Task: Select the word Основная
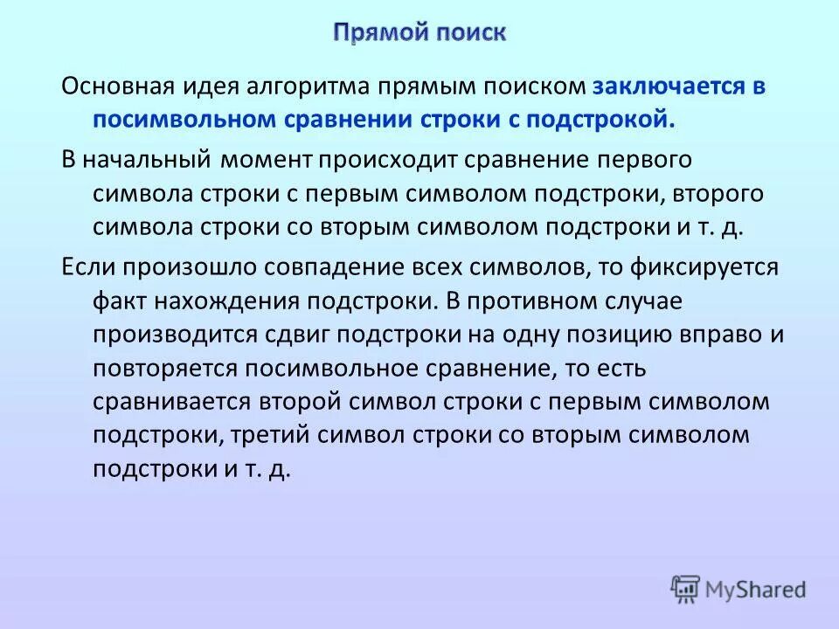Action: [118, 87]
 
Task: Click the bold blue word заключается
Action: [669, 87]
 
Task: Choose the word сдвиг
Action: [297, 334]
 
